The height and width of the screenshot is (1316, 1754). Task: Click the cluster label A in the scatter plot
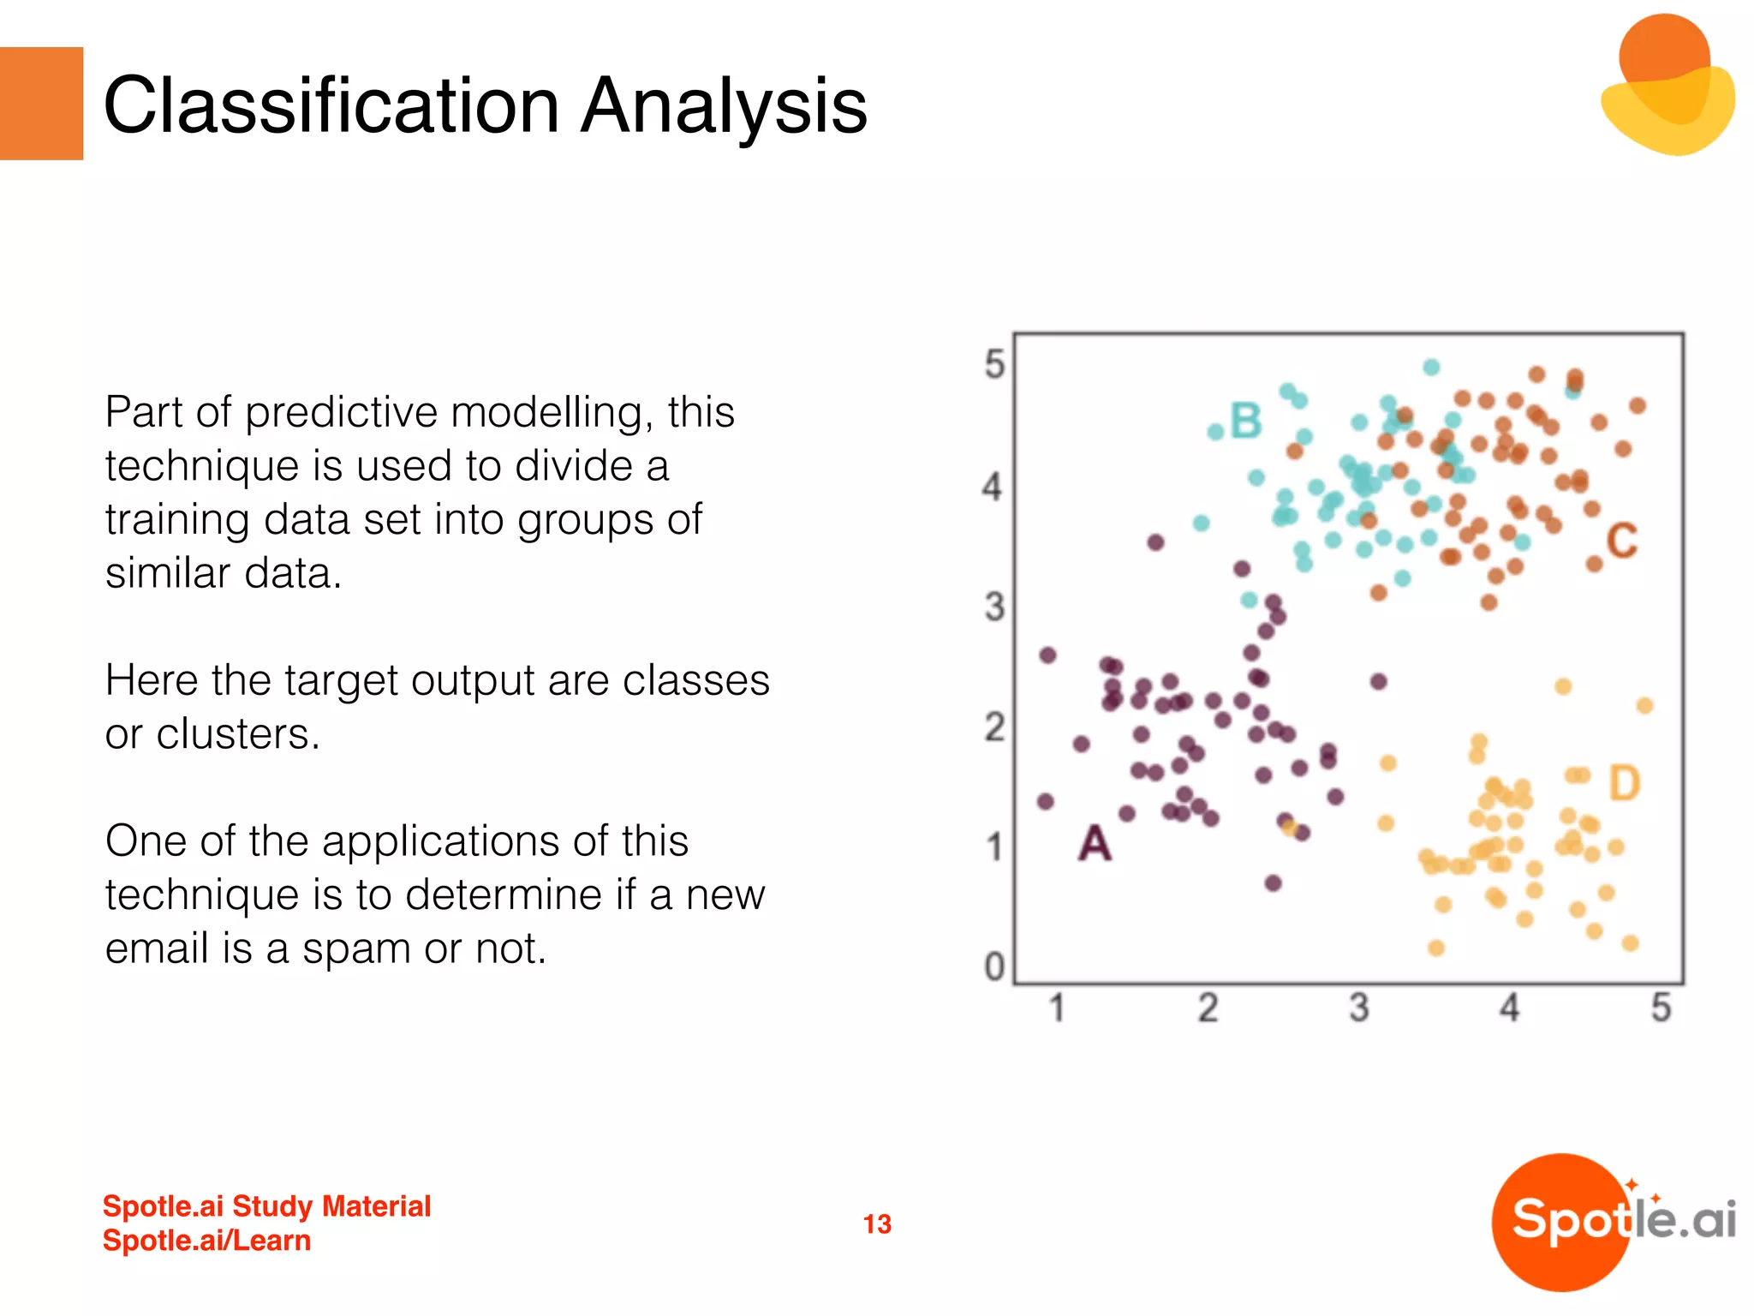1095,843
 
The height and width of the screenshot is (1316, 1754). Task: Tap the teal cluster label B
1246,421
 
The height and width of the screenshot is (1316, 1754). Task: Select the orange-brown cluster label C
1621,541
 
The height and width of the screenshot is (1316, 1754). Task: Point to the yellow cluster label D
1624,783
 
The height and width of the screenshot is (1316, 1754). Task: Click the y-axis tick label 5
994,364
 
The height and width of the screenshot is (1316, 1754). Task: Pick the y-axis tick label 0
994,966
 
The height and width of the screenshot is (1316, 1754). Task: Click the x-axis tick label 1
1058,1008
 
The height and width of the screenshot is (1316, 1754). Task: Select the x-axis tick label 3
1359,1008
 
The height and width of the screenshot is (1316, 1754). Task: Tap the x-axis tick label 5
1662,1008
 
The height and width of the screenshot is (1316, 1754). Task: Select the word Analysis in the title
725,107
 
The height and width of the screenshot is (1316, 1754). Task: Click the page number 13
877,1223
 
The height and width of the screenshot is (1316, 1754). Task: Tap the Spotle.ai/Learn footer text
206,1241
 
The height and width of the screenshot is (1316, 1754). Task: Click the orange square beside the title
41,104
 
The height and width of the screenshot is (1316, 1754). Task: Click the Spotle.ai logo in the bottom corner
1614,1222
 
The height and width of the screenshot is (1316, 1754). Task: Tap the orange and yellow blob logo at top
1667,84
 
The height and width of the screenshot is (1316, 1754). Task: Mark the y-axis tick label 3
994,607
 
